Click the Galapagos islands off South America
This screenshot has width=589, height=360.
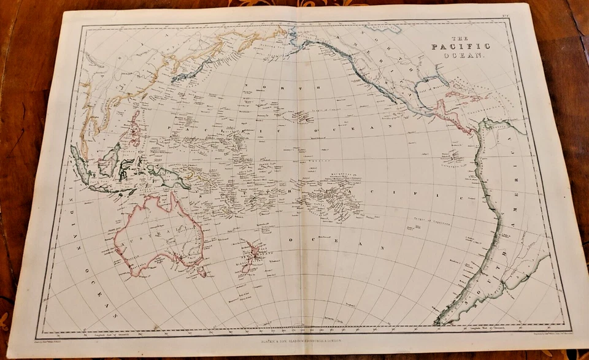click(455, 156)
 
